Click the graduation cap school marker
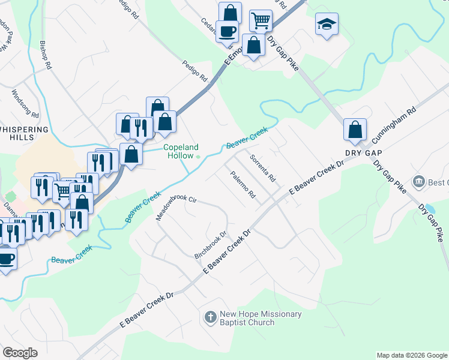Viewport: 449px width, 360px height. tap(326, 25)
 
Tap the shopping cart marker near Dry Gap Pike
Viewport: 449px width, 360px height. tap(261, 20)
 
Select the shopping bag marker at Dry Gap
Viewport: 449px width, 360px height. tap(355, 129)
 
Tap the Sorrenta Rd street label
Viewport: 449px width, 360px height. tap(262, 170)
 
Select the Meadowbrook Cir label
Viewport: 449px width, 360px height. tap(176, 207)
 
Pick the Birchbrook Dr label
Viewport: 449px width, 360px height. tap(210, 245)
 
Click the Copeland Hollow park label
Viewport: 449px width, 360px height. tap(181, 151)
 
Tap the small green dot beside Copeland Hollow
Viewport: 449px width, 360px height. tap(199, 156)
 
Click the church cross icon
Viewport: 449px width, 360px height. tap(210, 317)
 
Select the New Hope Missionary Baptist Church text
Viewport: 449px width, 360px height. tap(260, 318)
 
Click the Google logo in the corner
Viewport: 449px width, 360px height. tap(20, 352)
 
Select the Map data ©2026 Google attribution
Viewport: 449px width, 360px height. tap(412, 355)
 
